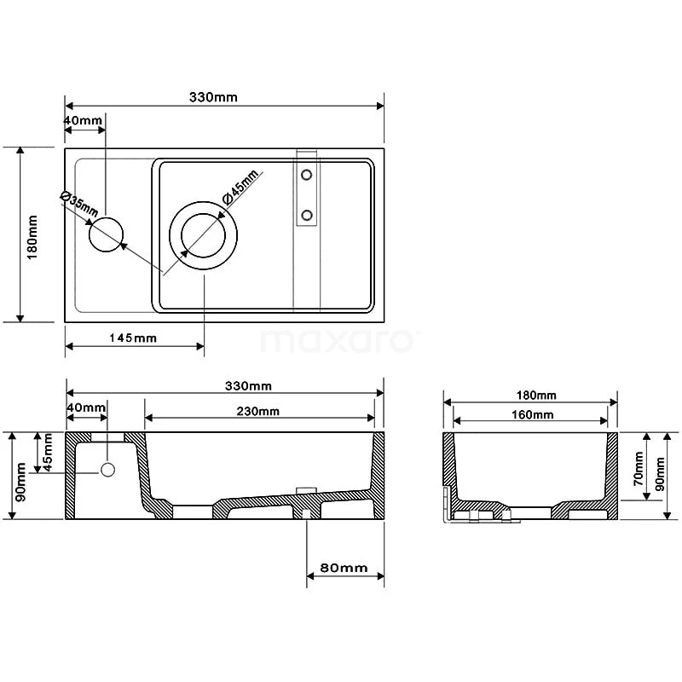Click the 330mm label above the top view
coord(213,97)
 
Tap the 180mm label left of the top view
coord(32,237)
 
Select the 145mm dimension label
coord(133,338)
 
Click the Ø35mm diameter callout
coord(78,203)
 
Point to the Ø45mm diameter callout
coord(240,187)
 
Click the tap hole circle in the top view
coord(106,234)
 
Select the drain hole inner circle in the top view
coord(203,235)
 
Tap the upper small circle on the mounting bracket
coord(307,175)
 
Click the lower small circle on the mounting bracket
coord(307,215)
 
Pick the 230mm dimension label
coord(258,411)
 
